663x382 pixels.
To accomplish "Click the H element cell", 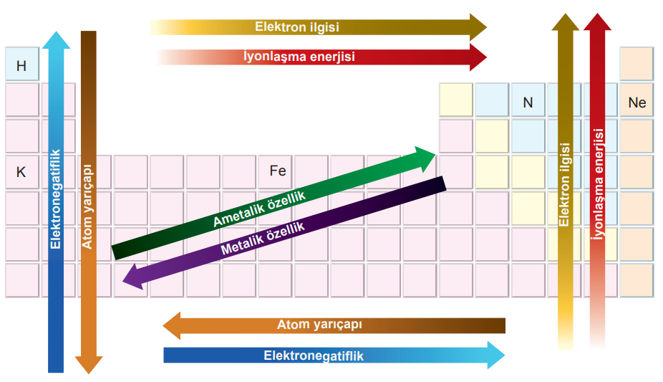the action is [22, 64].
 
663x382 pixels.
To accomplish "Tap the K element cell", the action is [22, 172].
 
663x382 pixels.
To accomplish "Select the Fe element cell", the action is [275, 172].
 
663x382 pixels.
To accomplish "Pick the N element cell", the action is [528, 100].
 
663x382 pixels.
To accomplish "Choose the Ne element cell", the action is [637, 100].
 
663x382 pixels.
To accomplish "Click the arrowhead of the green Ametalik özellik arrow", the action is [426, 158].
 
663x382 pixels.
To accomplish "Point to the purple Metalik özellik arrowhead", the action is [132, 277].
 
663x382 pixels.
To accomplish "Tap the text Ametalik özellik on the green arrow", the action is [258, 209].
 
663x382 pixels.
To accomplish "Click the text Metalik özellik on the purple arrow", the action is [263, 239].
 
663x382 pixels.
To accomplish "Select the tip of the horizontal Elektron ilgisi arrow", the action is [486, 27].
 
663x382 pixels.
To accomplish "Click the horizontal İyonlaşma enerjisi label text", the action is [299, 57].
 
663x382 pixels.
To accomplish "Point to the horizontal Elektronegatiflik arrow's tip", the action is [505, 355].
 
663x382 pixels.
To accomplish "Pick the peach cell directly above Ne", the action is [637, 64].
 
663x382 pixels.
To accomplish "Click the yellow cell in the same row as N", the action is [456, 100].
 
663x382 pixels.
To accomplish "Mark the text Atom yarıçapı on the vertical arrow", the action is [87, 207].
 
